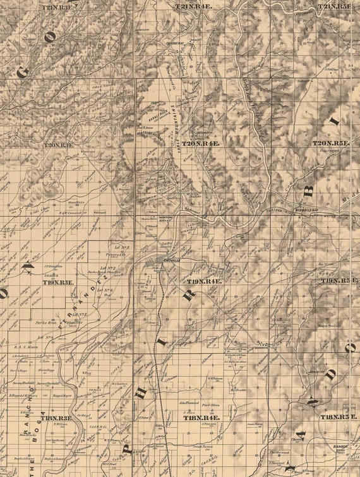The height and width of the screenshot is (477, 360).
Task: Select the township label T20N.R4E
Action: click(x=200, y=144)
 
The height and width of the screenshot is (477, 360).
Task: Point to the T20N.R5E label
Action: click(x=331, y=144)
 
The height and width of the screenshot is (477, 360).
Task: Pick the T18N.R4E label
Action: click(x=201, y=418)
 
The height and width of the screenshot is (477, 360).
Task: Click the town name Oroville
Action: click(x=168, y=259)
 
